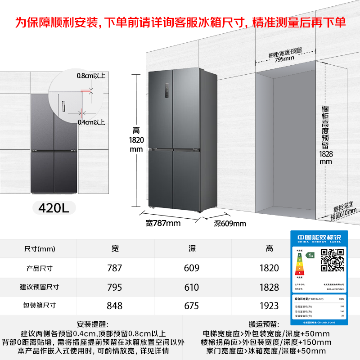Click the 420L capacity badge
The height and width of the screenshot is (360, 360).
click(53, 208)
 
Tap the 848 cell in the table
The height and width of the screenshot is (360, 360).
click(115, 306)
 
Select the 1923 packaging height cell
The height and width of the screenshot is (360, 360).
click(269, 306)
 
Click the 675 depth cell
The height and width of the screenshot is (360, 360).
click(192, 306)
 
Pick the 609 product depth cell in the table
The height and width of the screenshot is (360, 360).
click(192, 268)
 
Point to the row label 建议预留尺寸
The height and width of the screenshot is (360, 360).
click(40, 287)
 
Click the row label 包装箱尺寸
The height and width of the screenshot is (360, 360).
click(40, 306)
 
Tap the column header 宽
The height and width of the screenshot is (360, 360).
click(115, 249)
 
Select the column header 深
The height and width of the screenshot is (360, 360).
click(192, 249)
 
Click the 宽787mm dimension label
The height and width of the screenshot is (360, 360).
click(163, 223)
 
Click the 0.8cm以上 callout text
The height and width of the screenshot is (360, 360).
click(91, 76)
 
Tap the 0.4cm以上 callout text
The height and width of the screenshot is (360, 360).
click(91, 122)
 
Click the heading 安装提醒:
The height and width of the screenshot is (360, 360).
click(92, 324)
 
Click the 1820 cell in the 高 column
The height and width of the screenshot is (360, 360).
click(269, 268)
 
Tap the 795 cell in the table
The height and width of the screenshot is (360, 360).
click(115, 287)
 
